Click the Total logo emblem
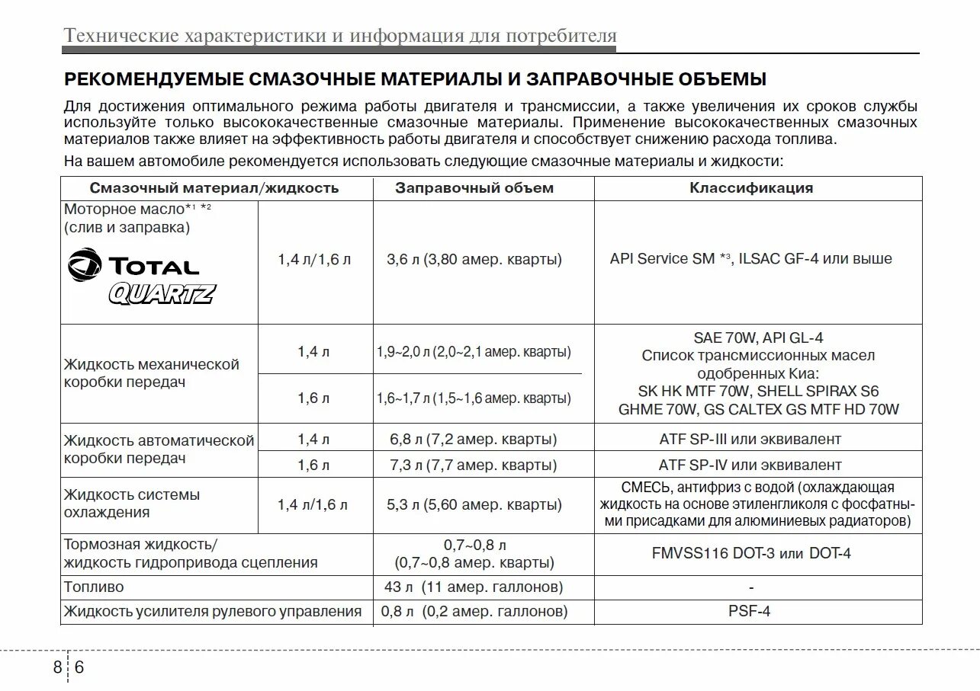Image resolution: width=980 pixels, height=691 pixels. pyautogui.click(x=84, y=264)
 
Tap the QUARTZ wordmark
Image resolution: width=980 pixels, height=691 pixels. pyautogui.click(x=162, y=293)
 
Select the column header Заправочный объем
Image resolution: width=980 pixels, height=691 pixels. pyautogui.click(x=474, y=188)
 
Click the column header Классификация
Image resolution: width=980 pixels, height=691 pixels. pyautogui.click(x=751, y=188)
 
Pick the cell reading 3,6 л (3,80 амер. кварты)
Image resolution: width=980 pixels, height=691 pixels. pyautogui.click(x=474, y=259)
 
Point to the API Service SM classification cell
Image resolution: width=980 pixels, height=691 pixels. pyautogui.click(x=750, y=259)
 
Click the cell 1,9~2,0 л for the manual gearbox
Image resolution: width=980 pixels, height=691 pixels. pyautogui.click(x=474, y=352)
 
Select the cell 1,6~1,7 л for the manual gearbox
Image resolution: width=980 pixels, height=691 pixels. pyautogui.click(x=474, y=398)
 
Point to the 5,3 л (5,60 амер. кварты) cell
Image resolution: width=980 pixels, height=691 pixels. pyautogui.click(x=474, y=504)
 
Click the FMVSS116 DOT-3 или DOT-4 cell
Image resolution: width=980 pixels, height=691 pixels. pyautogui.click(x=751, y=554)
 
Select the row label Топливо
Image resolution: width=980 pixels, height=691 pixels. pyautogui.click(x=94, y=587)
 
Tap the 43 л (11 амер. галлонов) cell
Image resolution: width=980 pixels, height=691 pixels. pyautogui.click(x=474, y=587)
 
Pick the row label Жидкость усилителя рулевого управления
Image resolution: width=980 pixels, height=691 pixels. pyautogui.click(x=213, y=611)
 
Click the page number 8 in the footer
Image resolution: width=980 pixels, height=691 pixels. pyautogui.click(x=58, y=668)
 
